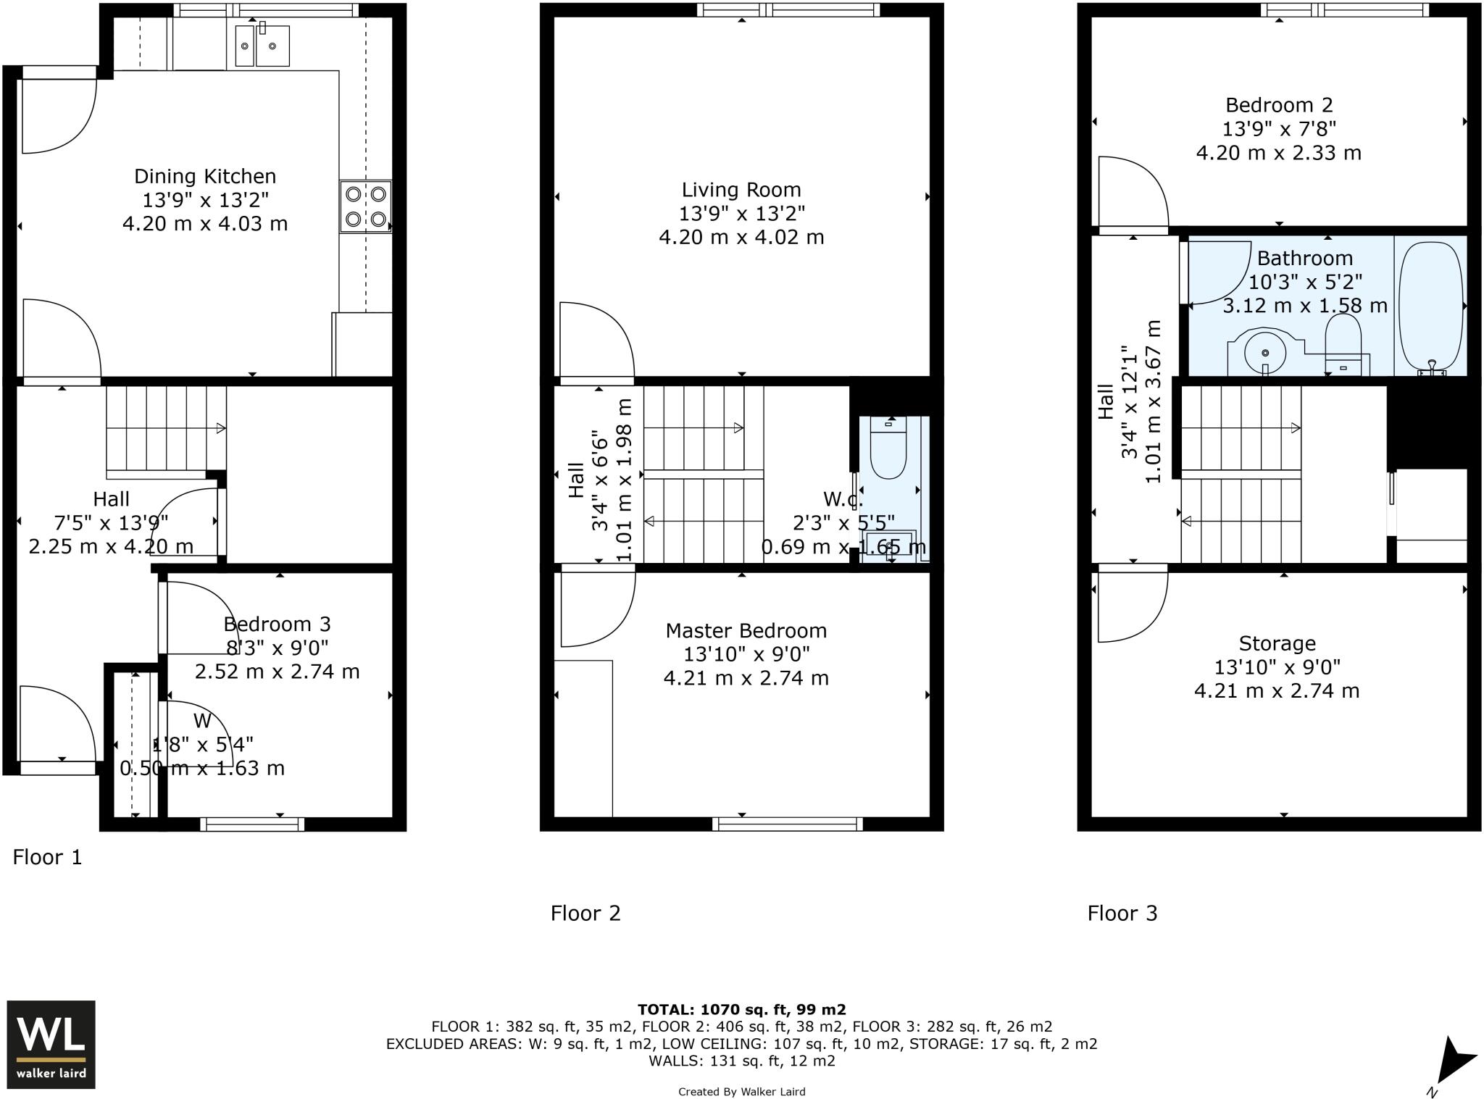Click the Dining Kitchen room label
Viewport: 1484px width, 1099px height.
coord(205,176)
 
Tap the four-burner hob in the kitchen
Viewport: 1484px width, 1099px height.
coord(366,206)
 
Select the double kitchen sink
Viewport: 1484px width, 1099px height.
coord(262,46)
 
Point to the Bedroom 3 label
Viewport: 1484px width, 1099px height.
coord(277,624)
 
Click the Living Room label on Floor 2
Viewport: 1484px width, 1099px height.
coord(741,190)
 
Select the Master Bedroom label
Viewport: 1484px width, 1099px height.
coord(746,630)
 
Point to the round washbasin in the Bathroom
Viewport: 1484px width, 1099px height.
coord(1265,353)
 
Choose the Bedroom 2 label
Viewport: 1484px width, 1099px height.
coord(1279,105)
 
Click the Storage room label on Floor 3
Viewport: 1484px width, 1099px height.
coord(1277,643)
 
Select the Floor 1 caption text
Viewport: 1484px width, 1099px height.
coord(48,857)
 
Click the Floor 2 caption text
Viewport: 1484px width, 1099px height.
coord(585,913)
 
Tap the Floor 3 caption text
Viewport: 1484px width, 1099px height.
coord(1122,913)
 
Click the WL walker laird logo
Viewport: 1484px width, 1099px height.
coord(51,1044)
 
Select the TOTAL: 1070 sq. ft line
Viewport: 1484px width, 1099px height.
coord(741,1009)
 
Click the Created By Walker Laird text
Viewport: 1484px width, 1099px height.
coord(741,1092)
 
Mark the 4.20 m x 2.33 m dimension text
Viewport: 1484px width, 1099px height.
coord(1278,153)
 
